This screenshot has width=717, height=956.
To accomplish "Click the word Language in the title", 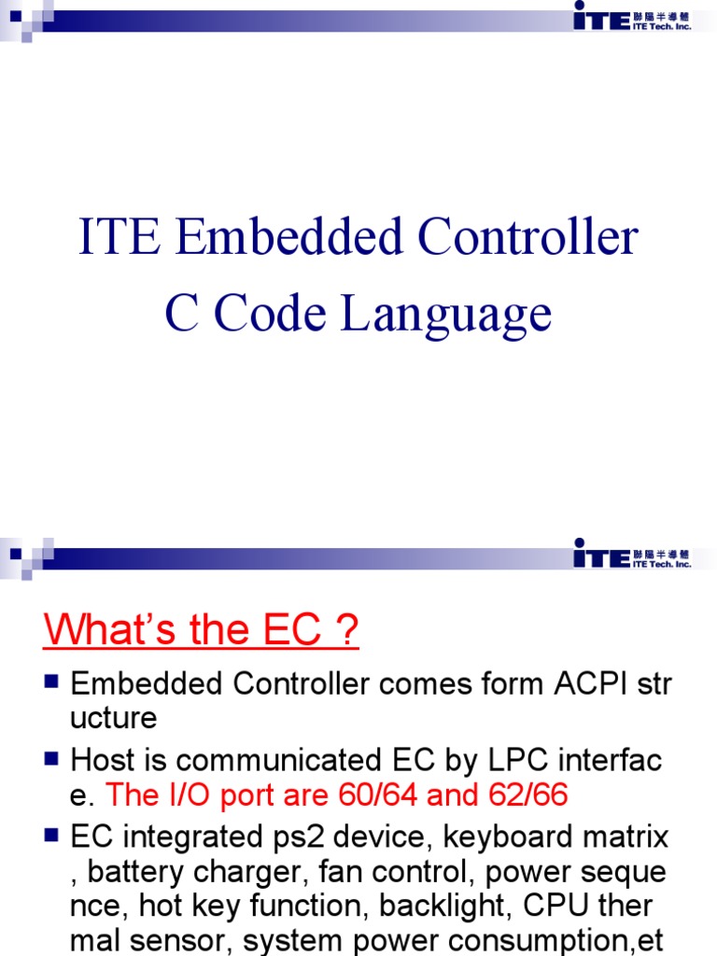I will [x=445, y=315].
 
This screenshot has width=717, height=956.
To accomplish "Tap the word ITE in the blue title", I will [x=120, y=237].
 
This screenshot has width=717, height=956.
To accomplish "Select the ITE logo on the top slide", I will [x=631, y=16].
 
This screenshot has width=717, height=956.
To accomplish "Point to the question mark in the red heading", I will [x=348, y=631].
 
